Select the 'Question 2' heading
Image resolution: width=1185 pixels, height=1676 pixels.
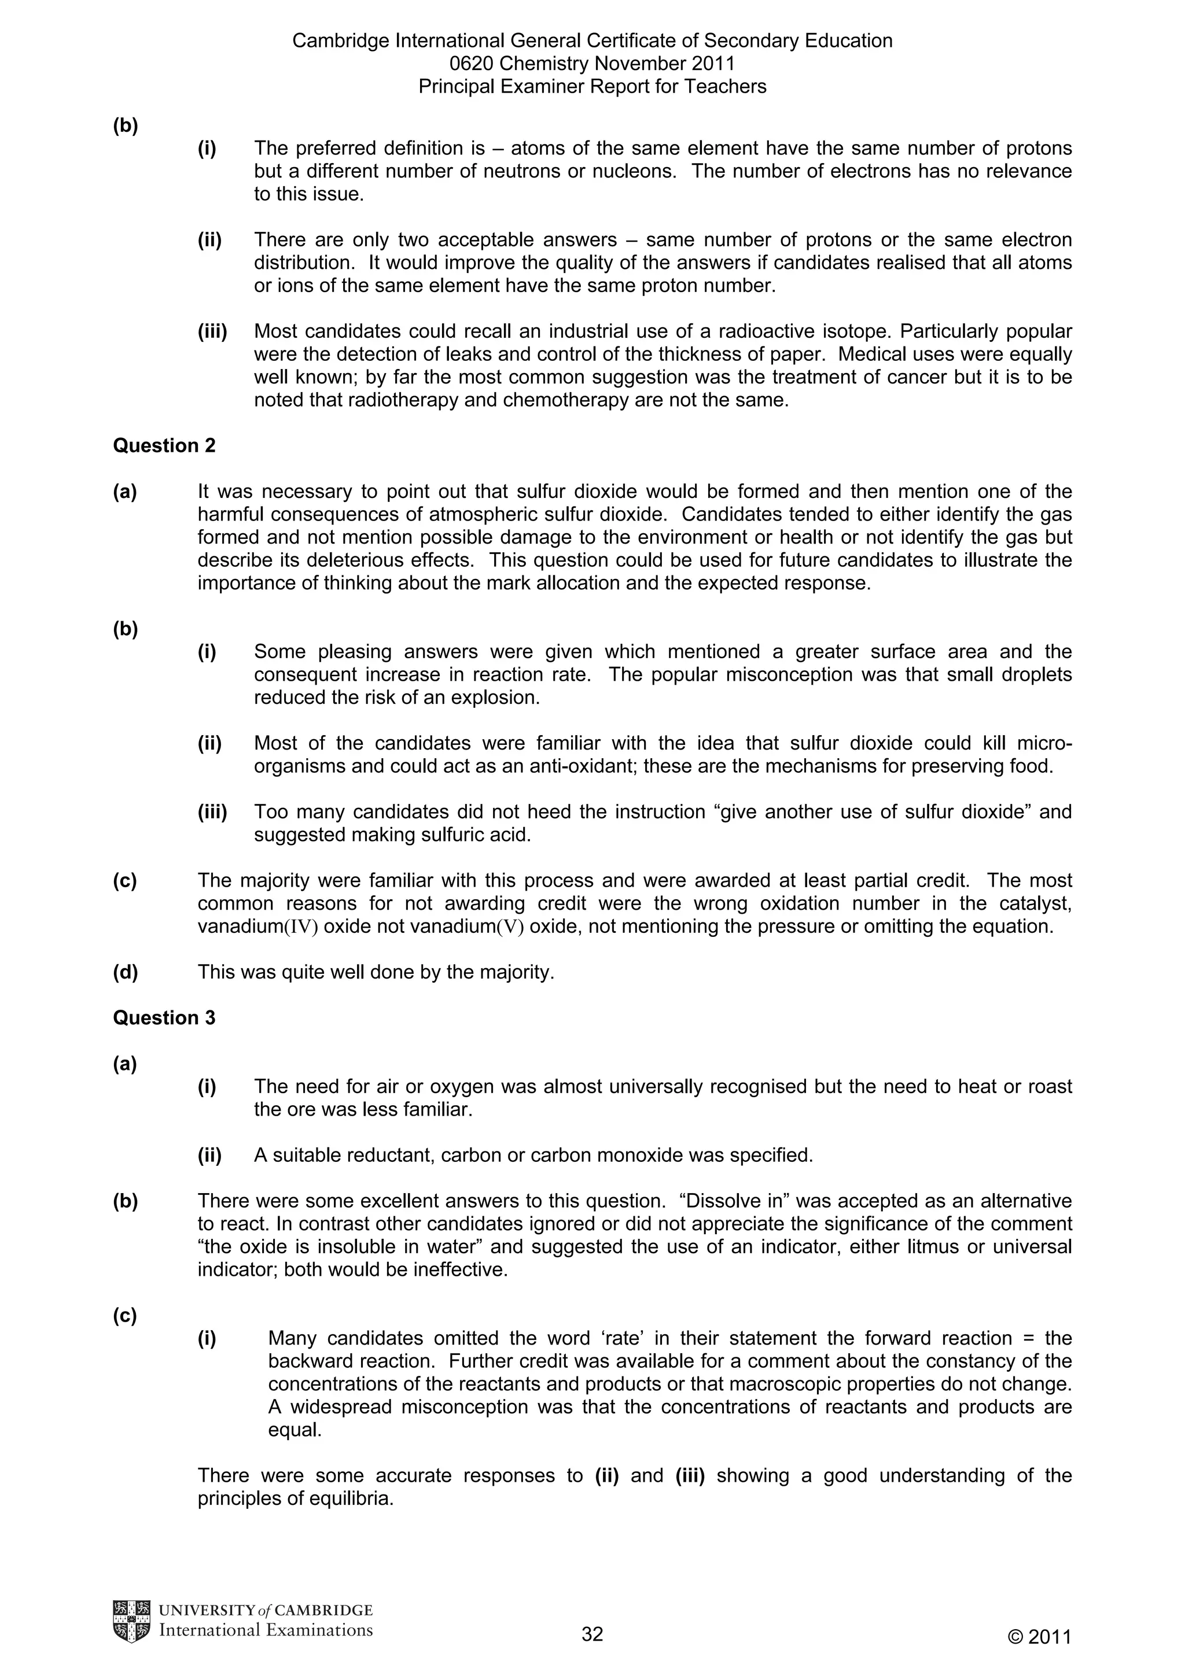(164, 445)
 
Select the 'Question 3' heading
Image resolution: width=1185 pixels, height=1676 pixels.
(164, 1018)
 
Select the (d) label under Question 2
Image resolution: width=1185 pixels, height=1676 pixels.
(125, 972)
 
